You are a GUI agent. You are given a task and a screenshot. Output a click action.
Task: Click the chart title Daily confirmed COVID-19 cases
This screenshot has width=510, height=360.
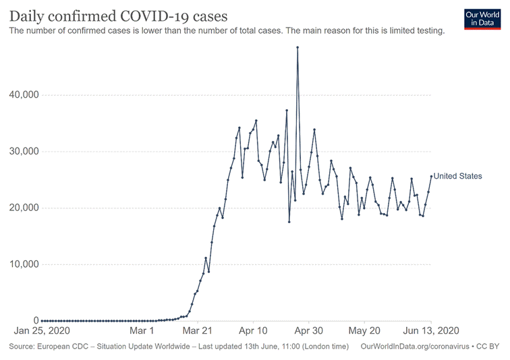click(118, 16)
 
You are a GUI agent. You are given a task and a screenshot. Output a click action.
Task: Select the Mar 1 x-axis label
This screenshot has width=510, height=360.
click(142, 332)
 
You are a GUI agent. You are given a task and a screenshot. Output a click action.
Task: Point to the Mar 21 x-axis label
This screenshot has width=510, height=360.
click(199, 332)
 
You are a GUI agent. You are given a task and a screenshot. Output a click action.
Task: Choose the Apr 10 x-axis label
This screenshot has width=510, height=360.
click(253, 332)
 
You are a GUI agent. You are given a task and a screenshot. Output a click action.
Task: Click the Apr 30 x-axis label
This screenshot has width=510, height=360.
click(309, 332)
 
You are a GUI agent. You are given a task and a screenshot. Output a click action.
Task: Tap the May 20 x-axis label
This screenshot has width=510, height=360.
click(365, 332)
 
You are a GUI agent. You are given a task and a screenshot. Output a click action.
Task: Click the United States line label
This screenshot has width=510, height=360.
click(458, 177)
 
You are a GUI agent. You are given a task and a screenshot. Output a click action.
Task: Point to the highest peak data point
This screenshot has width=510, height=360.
click(297, 47)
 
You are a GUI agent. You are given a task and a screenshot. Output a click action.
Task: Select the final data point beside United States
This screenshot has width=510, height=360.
click(431, 177)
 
